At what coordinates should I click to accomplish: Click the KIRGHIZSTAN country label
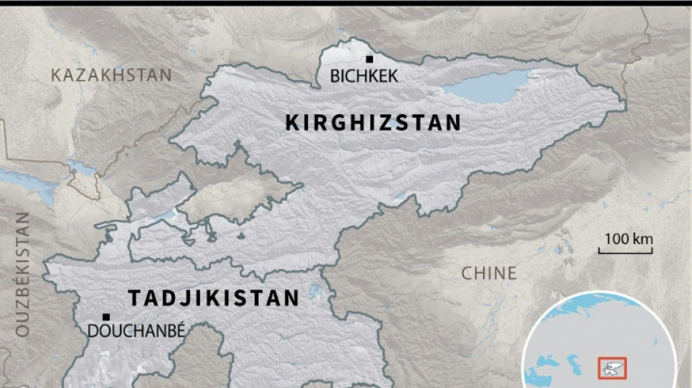tap(373, 123)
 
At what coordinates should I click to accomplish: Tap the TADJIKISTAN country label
tap(213, 298)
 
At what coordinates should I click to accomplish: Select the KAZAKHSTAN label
tap(111, 75)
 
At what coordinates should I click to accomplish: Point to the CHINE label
tap(489, 274)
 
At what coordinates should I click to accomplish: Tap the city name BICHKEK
tap(364, 76)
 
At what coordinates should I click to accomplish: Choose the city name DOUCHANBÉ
tap(136, 331)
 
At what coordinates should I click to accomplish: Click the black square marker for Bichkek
tap(370, 59)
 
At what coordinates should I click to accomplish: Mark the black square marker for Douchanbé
tap(106, 317)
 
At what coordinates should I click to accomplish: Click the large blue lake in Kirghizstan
tap(489, 85)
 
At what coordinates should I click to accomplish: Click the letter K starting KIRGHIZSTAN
tap(292, 123)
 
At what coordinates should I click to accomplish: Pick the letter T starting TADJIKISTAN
tap(134, 298)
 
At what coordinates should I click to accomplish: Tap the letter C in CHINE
tap(468, 274)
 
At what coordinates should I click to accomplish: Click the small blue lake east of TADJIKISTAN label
tap(315, 293)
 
